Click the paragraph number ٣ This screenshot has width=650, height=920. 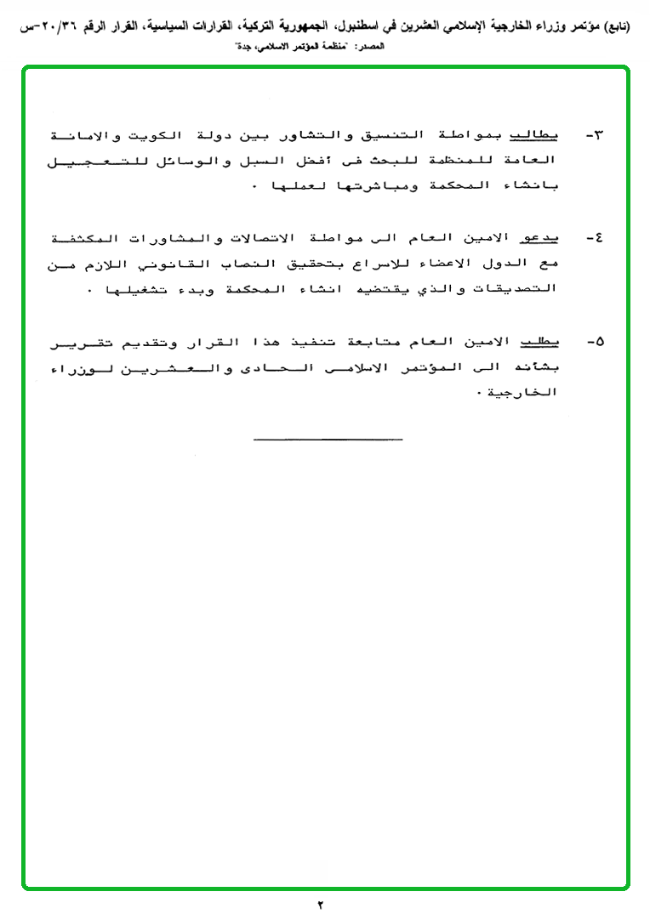tap(595, 136)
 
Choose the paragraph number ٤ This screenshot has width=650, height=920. tap(595, 239)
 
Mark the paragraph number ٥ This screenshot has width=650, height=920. tap(595, 342)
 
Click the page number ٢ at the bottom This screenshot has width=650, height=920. tap(322, 905)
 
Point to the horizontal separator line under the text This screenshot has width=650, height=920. tap(328, 439)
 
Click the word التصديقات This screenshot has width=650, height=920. tap(519, 289)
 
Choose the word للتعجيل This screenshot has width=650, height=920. tap(94, 161)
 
